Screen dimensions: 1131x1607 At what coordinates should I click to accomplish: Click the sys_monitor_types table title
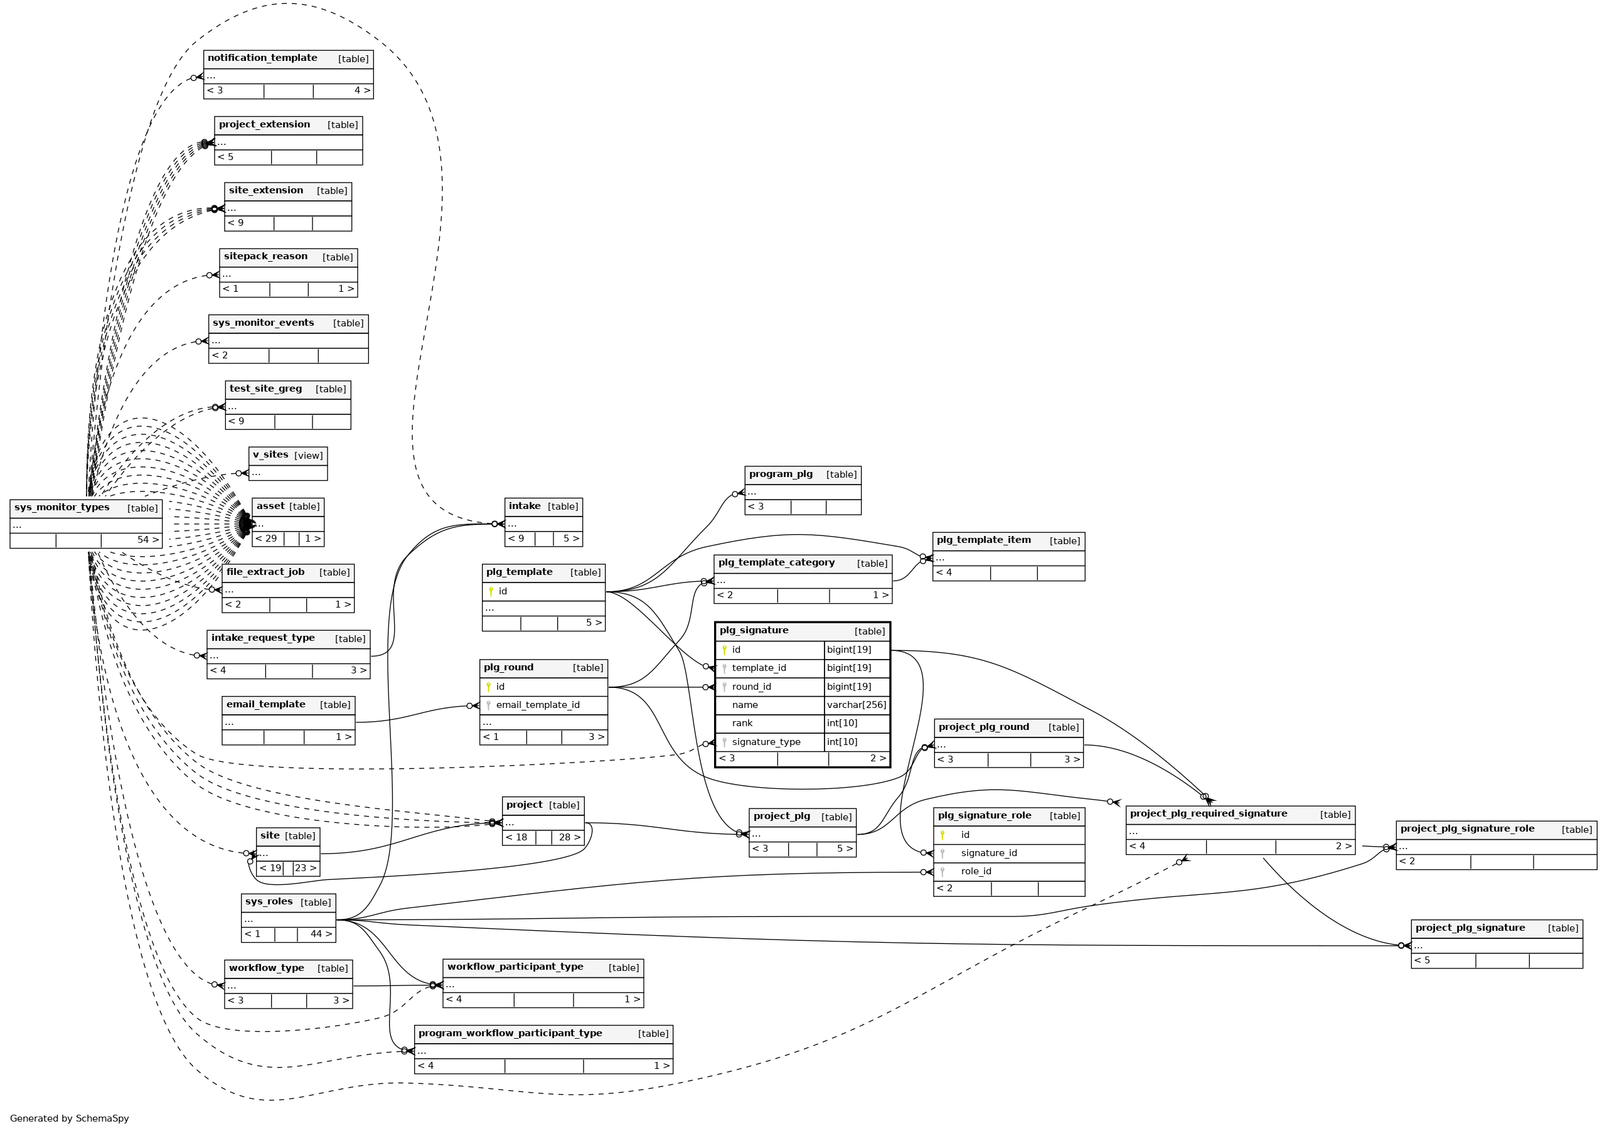(61, 507)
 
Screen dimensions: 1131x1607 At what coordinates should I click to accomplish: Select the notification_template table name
(262, 58)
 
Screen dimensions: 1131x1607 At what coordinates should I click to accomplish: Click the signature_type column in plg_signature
(766, 742)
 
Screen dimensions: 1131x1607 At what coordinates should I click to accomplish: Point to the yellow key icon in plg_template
(491, 591)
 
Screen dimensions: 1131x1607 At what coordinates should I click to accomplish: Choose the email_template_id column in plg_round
(538, 705)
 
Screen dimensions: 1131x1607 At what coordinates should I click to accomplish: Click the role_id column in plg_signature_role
(976, 871)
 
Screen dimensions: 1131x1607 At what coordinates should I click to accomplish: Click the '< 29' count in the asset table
(266, 539)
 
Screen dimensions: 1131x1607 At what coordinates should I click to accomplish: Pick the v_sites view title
(270, 455)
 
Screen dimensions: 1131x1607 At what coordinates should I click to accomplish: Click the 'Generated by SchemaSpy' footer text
(69, 1118)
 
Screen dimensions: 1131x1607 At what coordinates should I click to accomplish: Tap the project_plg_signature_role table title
(1467, 828)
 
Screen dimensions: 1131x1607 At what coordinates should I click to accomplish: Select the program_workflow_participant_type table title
(510, 1033)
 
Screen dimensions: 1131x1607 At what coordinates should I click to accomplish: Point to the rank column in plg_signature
(742, 723)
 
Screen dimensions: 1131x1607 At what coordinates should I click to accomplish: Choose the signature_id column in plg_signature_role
(988, 853)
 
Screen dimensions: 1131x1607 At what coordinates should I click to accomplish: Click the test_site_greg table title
(265, 389)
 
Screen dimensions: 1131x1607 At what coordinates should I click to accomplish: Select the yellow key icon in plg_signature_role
(942, 835)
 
